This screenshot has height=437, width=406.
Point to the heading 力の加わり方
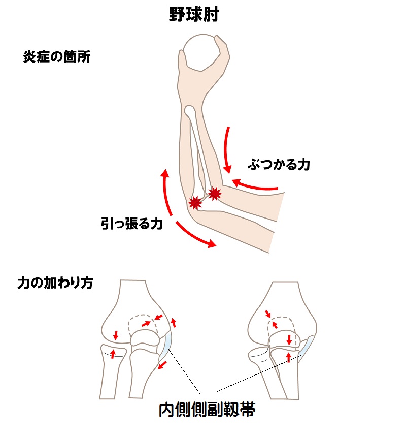(55, 283)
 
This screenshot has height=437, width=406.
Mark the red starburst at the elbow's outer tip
(195, 203)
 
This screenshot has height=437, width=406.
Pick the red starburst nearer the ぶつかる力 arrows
(215, 193)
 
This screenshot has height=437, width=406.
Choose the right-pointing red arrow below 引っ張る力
(195, 235)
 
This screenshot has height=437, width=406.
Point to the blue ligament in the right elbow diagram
(307, 347)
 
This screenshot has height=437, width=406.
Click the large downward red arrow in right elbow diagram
(289, 339)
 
